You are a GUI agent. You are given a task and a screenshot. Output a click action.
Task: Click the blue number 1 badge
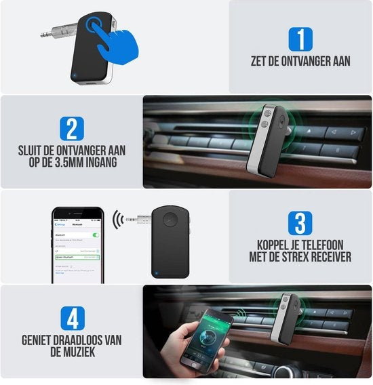(300, 39)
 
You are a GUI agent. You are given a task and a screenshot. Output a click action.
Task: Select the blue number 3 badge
(300, 224)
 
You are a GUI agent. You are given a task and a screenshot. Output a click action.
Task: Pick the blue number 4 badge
(71, 319)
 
